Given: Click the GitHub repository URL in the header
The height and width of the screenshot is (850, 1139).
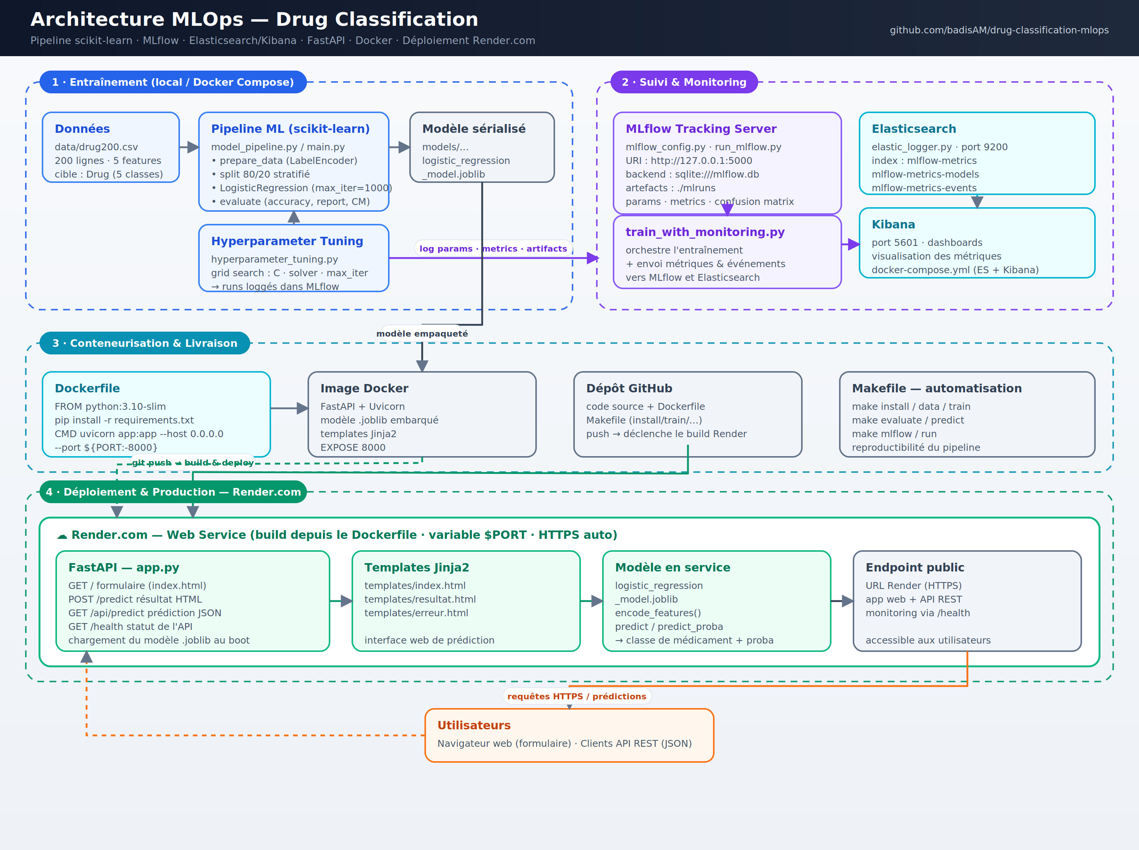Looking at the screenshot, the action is [999, 30].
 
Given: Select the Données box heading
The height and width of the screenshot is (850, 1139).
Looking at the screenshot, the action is [82, 129].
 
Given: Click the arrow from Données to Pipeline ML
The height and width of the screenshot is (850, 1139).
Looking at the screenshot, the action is [189, 147].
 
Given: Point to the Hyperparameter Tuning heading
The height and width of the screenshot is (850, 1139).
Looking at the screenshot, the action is [287, 241].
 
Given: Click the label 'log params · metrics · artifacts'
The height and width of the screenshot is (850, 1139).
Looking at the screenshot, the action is [493, 249].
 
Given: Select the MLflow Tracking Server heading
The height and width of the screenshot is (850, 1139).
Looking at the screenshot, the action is [701, 129].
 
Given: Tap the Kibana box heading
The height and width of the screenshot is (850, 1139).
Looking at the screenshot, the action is [893, 224].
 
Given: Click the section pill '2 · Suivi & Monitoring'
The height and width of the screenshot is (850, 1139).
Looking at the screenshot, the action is [684, 82].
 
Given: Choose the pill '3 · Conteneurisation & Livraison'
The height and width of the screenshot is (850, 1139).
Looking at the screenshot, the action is [145, 343].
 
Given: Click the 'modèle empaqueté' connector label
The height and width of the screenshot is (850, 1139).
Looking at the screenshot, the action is [422, 334].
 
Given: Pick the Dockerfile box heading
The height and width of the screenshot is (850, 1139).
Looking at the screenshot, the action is [87, 389].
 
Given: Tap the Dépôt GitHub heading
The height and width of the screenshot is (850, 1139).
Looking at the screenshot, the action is [629, 389].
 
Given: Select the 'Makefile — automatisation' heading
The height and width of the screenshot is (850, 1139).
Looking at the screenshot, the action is [937, 389].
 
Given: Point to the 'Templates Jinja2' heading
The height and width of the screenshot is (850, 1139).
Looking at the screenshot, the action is [417, 568].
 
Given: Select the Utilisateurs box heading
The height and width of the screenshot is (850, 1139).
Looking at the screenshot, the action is [474, 726].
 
